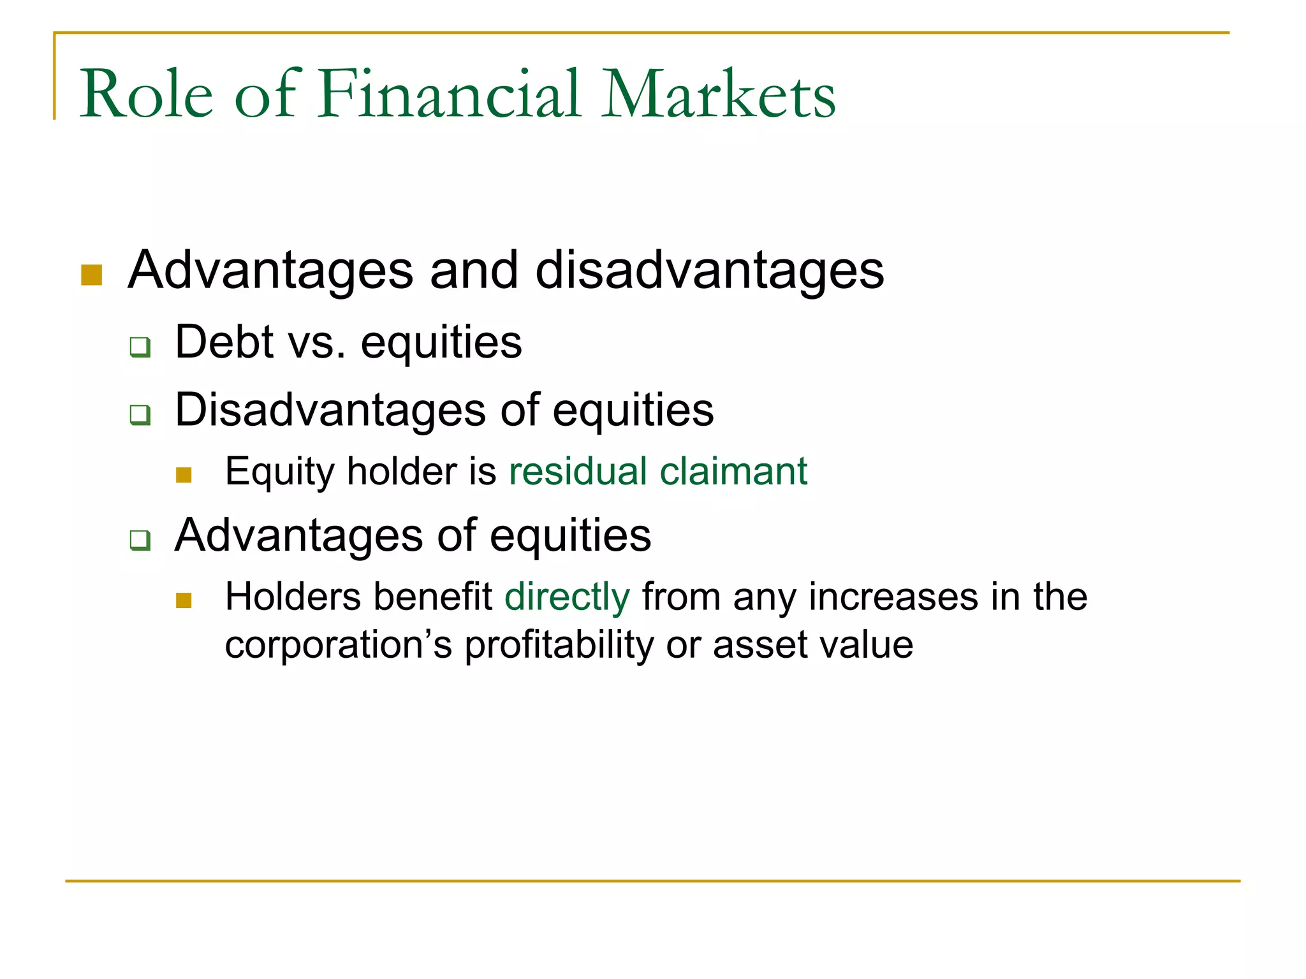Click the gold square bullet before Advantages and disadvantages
click(92, 275)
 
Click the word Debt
click(224, 342)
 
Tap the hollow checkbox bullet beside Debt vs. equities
click(140, 347)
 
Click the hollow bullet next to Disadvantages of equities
click(140, 414)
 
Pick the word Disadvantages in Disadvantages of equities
click(330, 410)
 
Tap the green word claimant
click(733, 472)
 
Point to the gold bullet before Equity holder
click(184, 475)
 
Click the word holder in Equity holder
click(402, 472)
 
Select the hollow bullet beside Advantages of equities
click(140, 540)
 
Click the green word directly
click(567, 598)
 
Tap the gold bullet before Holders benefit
click(184, 600)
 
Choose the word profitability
click(559, 645)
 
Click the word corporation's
click(339, 645)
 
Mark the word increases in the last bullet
click(893, 598)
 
